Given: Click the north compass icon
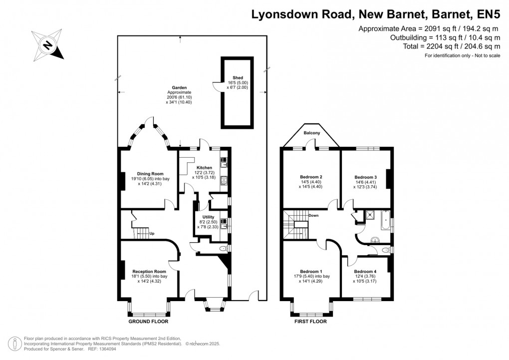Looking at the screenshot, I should (x=48, y=46).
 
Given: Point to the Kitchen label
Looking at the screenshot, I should (x=204, y=168).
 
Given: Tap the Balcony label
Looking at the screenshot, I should (x=312, y=133).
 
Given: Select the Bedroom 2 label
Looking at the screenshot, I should (x=311, y=177).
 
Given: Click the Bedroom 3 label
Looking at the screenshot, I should (x=365, y=177).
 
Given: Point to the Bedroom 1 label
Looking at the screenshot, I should (x=311, y=271).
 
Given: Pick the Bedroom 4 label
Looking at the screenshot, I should (x=365, y=271).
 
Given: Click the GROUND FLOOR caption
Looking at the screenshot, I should (x=147, y=322).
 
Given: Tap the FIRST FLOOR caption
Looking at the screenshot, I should (x=309, y=322).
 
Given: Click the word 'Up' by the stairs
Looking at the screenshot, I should (x=152, y=233).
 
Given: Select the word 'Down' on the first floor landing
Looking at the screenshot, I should (x=313, y=216).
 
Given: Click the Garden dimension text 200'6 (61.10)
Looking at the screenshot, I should (x=179, y=97).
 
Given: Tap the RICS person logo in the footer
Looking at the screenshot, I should (x=15, y=343).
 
